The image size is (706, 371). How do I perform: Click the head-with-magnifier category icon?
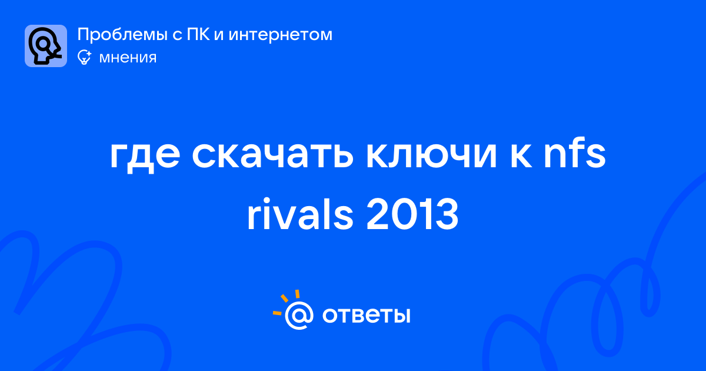pyautogui.click(x=46, y=46)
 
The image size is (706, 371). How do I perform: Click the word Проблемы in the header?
pyautogui.click(x=122, y=35)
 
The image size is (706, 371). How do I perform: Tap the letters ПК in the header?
pyautogui.click(x=198, y=34)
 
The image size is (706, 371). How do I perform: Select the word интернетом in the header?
pyautogui.click(x=280, y=35)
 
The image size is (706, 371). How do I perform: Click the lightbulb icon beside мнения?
pyautogui.click(x=84, y=57)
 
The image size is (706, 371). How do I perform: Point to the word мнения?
pyautogui.click(x=128, y=58)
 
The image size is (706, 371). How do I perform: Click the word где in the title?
pyautogui.click(x=145, y=156)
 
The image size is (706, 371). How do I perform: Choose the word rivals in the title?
pyautogui.click(x=299, y=214)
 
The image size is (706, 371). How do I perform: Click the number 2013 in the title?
pyautogui.click(x=412, y=215)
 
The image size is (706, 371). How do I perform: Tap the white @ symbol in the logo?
pyautogui.click(x=299, y=315)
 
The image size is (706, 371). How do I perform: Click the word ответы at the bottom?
pyautogui.click(x=366, y=316)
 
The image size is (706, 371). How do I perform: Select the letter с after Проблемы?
pyautogui.click(x=178, y=35)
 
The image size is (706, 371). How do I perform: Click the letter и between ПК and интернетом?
pyautogui.click(x=219, y=35)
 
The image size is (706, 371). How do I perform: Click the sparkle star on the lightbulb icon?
pyautogui.click(x=89, y=54)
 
